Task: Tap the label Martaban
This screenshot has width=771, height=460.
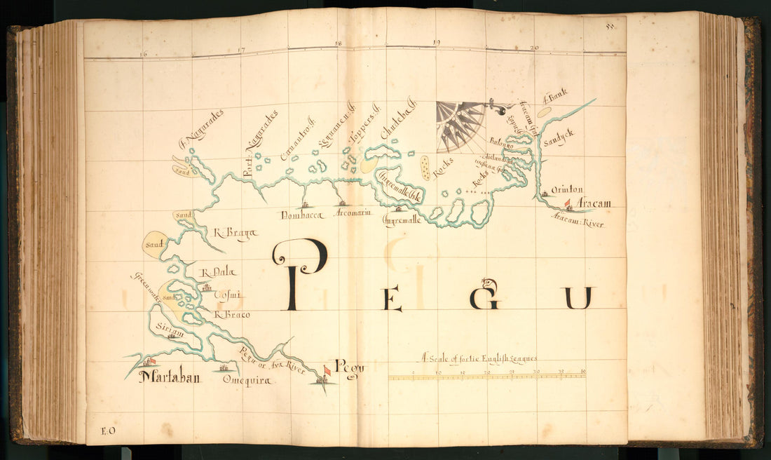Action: click(169, 378)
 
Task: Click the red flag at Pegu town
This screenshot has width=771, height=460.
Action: click(327, 370)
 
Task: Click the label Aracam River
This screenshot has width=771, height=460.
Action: click(577, 221)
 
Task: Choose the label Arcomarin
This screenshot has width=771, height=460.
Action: click(353, 212)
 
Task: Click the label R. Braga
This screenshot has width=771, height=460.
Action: click(235, 235)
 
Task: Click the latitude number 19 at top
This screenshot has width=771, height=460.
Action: click(436, 43)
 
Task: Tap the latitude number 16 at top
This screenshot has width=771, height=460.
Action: click(143, 54)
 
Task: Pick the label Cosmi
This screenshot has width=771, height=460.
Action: click(226, 295)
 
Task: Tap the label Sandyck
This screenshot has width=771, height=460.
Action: click(559, 133)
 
